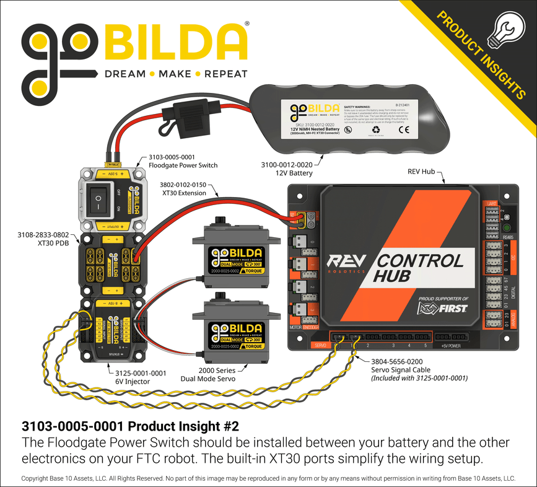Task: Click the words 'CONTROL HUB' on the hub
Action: point(416,268)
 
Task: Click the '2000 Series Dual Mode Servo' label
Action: point(209,373)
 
